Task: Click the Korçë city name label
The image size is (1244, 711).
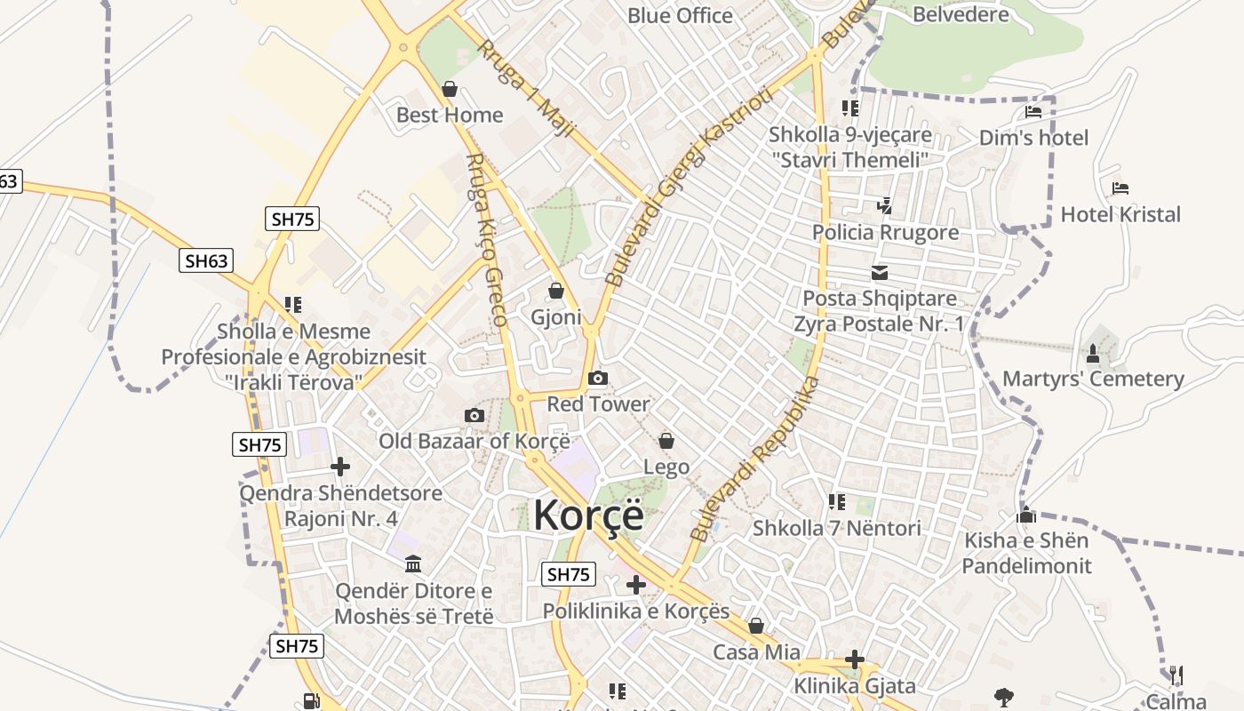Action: tap(588, 515)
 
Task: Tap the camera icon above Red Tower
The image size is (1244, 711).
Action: tap(598, 379)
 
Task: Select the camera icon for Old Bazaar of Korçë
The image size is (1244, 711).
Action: tap(474, 416)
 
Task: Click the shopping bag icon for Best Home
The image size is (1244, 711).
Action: tap(450, 89)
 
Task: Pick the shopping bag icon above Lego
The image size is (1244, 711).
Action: tap(666, 441)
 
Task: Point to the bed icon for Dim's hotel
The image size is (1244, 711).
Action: tap(1033, 112)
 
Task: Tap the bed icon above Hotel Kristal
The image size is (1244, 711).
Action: tap(1120, 188)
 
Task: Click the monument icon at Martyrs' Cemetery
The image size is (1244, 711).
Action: tap(1093, 354)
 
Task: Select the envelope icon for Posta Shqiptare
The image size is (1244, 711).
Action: tap(880, 273)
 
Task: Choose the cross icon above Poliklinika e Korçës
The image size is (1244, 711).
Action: tap(636, 585)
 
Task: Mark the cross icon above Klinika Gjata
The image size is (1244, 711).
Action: tap(855, 659)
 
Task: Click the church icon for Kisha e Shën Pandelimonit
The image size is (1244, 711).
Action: tap(1026, 515)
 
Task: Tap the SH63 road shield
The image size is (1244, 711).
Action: tap(206, 260)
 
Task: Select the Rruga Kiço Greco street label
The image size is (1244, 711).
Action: tap(487, 239)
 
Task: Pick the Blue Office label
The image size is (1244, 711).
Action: tap(680, 16)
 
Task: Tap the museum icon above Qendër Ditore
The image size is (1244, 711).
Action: tap(413, 564)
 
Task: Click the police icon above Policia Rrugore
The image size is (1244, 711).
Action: tap(884, 206)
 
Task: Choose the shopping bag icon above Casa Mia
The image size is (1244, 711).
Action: tap(756, 627)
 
